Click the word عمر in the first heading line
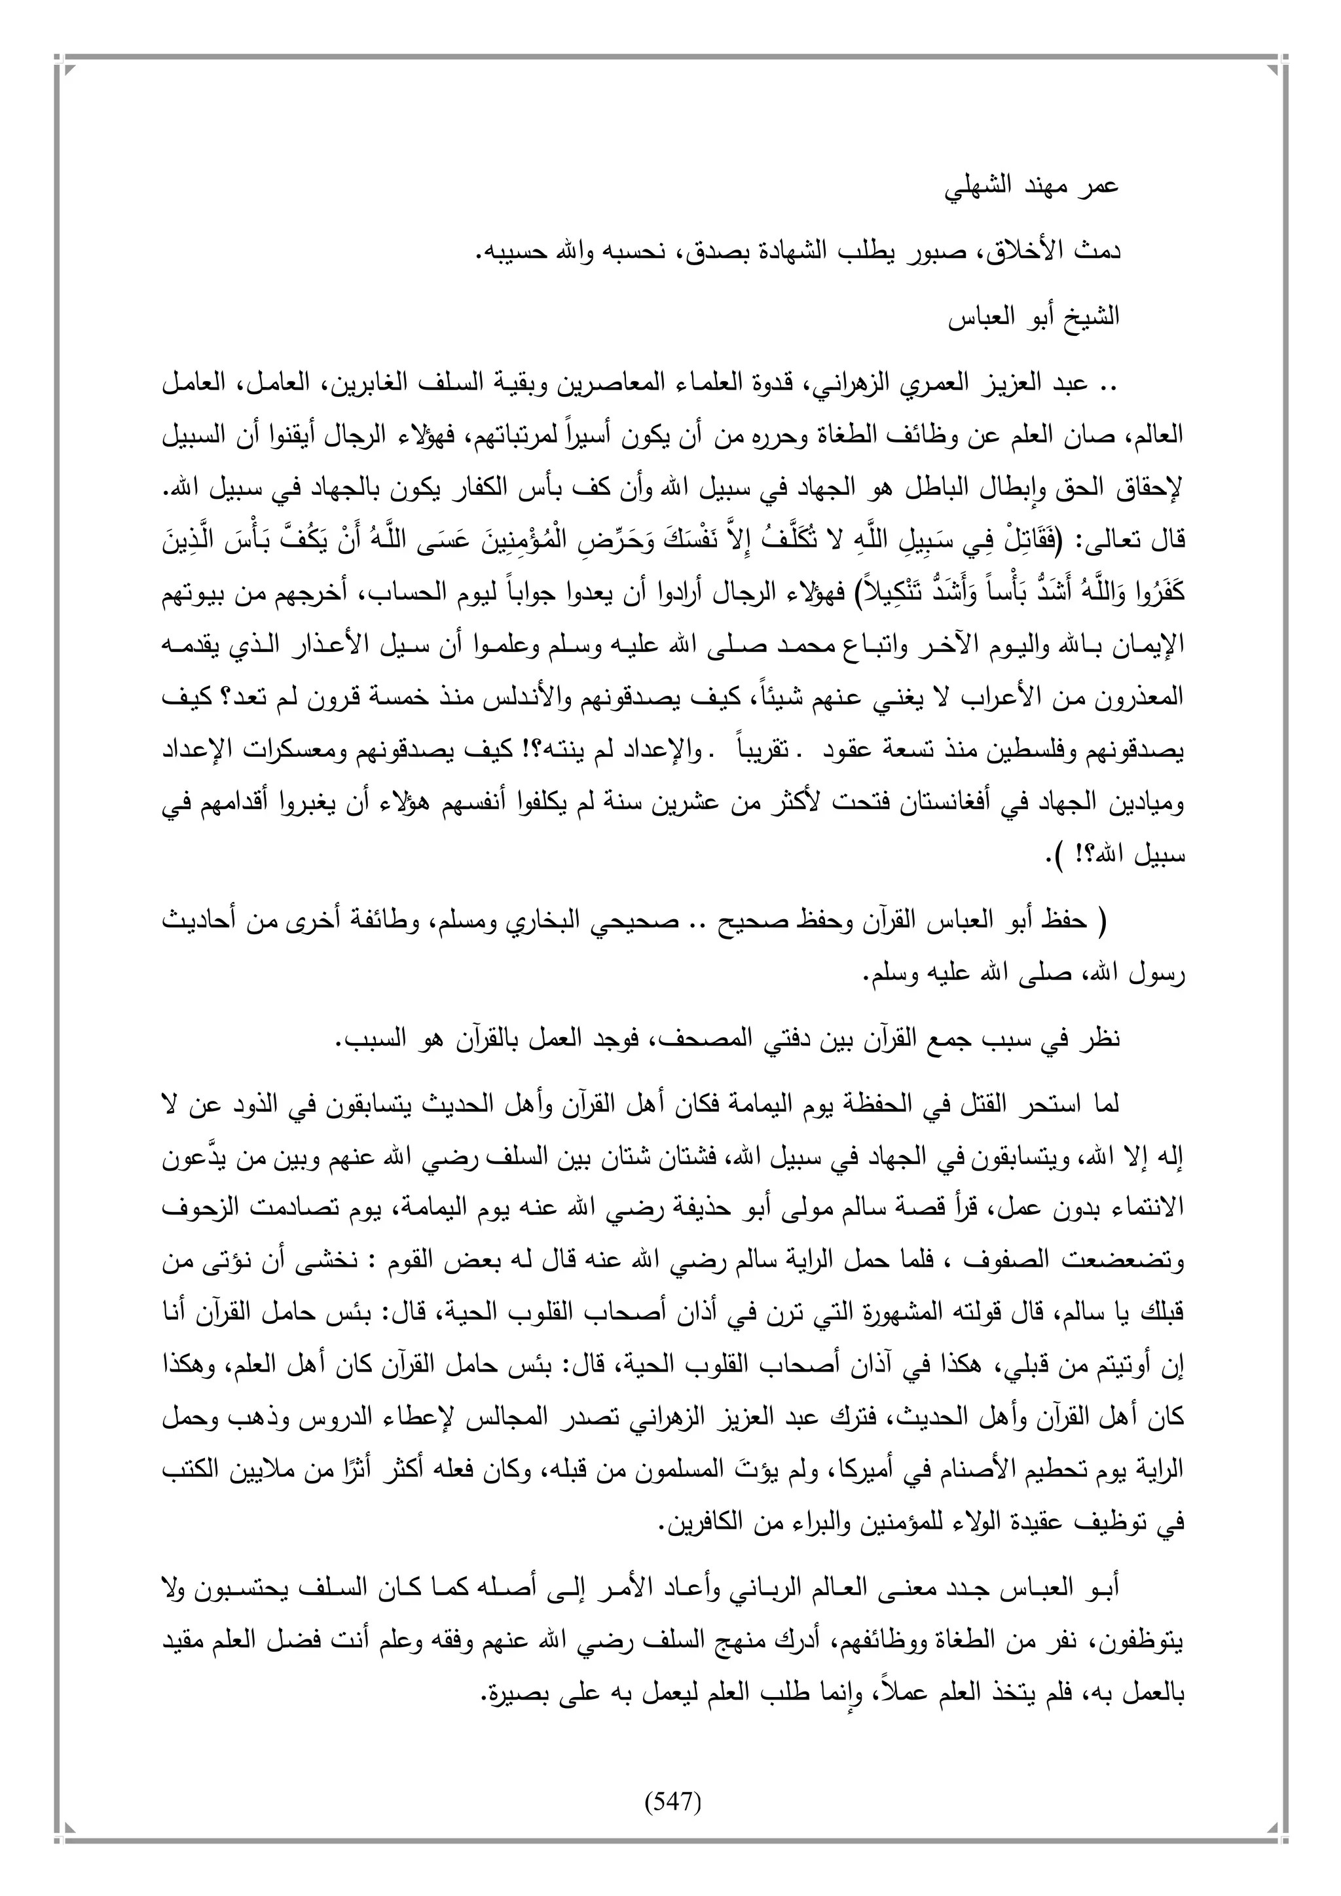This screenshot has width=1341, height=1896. click(x=1099, y=187)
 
